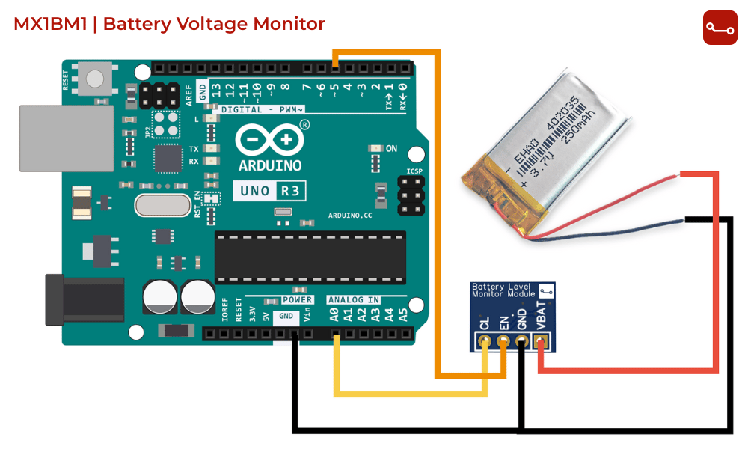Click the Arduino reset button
pos(96,79)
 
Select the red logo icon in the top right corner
pos(720,28)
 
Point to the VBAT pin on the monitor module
pos(542,343)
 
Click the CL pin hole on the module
pos(485,343)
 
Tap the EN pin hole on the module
pos(504,343)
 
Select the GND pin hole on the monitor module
pos(523,343)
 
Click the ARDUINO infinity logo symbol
pos(270,140)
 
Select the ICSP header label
pos(414,171)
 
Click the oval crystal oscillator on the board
pos(163,205)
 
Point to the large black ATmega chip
pos(310,257)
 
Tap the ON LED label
pos(391,149)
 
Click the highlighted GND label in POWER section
pos(286,316)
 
